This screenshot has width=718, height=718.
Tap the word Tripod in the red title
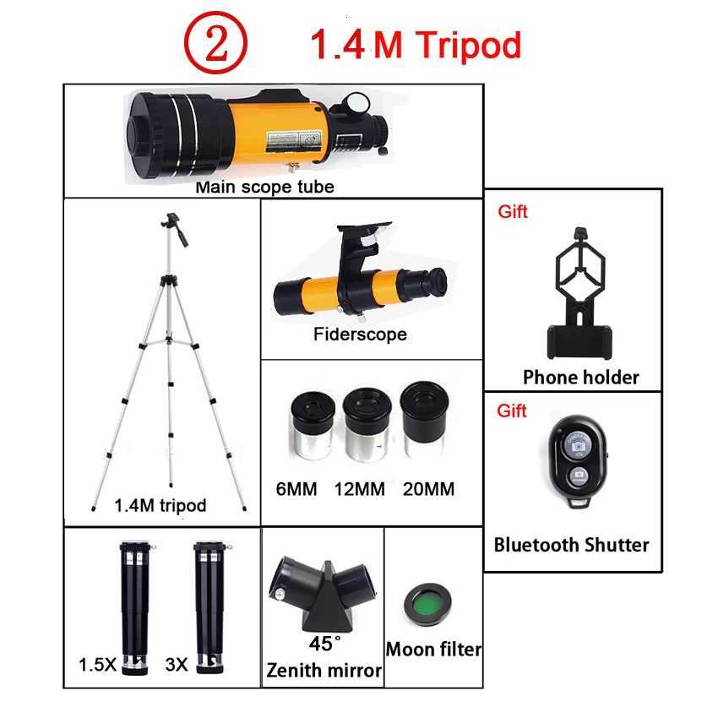tap(466, 45)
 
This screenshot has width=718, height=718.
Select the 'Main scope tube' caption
tap(264, 187)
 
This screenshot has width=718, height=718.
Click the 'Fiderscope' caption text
tap(360, 335)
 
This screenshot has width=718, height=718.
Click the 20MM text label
tap(428, 489)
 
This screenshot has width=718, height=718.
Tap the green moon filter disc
tap(429, 602)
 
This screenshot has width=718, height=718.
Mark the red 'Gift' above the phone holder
tap(512, 212)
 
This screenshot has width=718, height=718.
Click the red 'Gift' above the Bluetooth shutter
tap(512, 411)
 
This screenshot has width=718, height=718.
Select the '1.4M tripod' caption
tap(160, 506)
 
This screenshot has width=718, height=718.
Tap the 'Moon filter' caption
tap(433, 650)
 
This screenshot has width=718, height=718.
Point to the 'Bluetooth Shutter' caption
tap(572, 545)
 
